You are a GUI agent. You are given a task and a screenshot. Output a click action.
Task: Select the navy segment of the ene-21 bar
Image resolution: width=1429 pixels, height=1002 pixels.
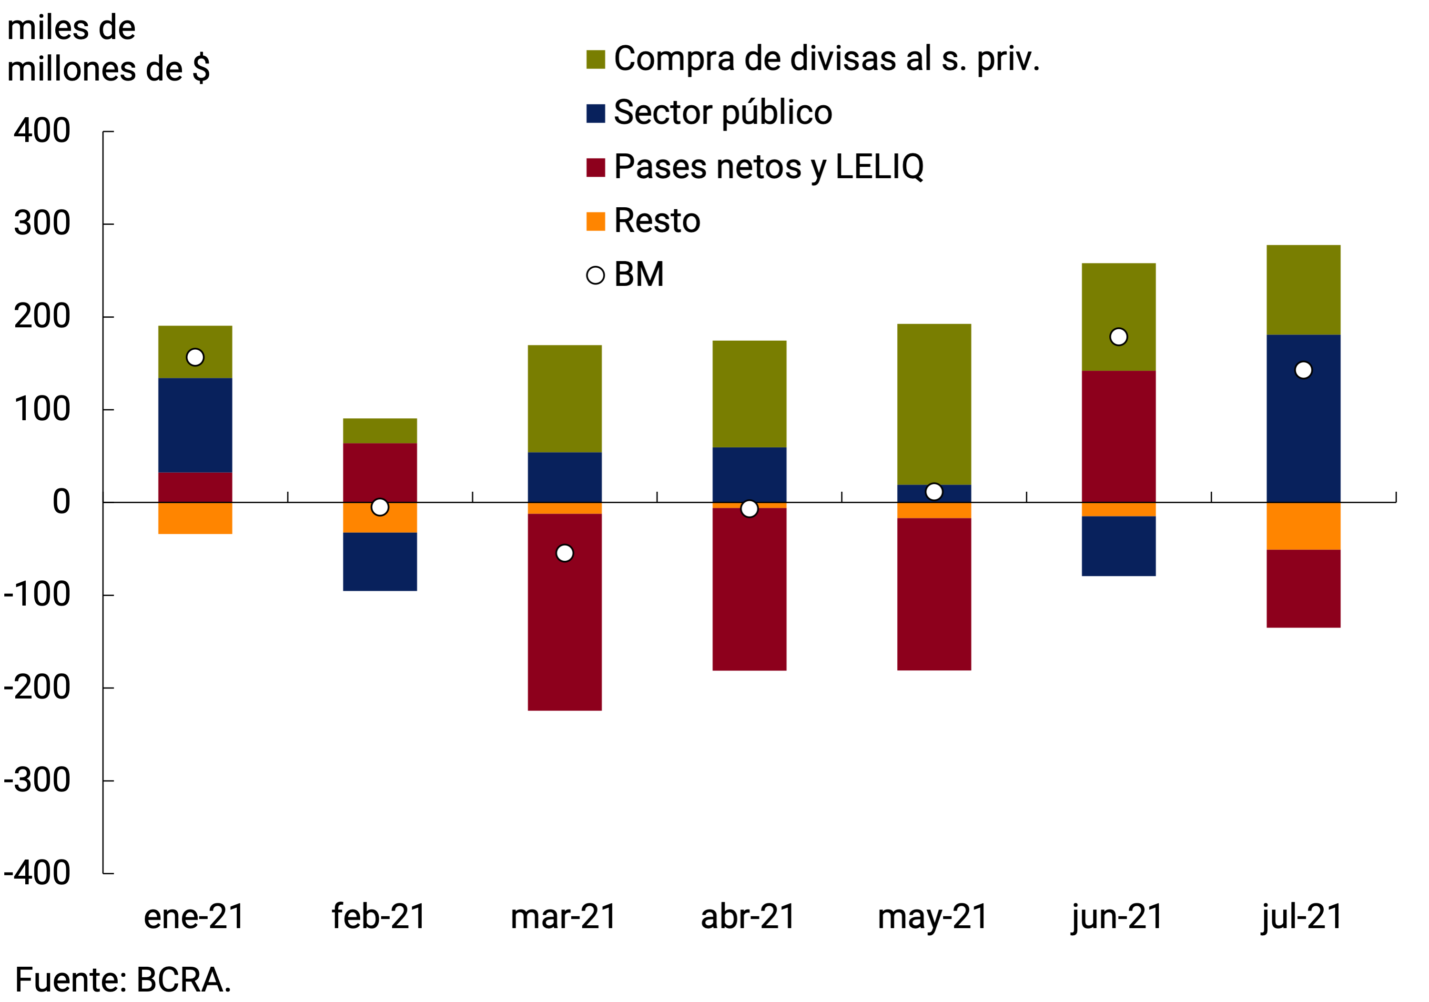195,425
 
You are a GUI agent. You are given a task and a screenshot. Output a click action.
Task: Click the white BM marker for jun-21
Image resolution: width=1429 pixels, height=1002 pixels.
1118,337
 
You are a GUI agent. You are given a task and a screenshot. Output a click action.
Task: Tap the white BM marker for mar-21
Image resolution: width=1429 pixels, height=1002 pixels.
565,553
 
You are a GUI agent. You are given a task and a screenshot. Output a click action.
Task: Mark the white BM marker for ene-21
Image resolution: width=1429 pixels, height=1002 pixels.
195,357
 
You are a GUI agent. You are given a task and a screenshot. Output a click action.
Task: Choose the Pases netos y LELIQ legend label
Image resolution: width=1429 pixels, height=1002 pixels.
769,167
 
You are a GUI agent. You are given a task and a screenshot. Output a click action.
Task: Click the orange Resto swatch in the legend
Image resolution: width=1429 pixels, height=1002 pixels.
596,222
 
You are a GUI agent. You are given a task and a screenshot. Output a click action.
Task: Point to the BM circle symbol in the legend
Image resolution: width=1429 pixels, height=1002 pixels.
596,275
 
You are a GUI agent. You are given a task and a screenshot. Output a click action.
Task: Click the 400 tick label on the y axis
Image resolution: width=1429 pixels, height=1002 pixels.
42,132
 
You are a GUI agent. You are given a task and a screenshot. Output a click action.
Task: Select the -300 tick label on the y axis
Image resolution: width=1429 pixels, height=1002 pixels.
37,780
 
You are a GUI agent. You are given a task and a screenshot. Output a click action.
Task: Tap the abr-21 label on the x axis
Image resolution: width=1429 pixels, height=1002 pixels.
749,917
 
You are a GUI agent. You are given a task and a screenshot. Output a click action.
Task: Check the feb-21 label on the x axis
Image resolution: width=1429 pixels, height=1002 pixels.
379,917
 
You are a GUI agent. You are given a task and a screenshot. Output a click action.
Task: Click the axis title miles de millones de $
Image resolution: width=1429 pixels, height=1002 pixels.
108,49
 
